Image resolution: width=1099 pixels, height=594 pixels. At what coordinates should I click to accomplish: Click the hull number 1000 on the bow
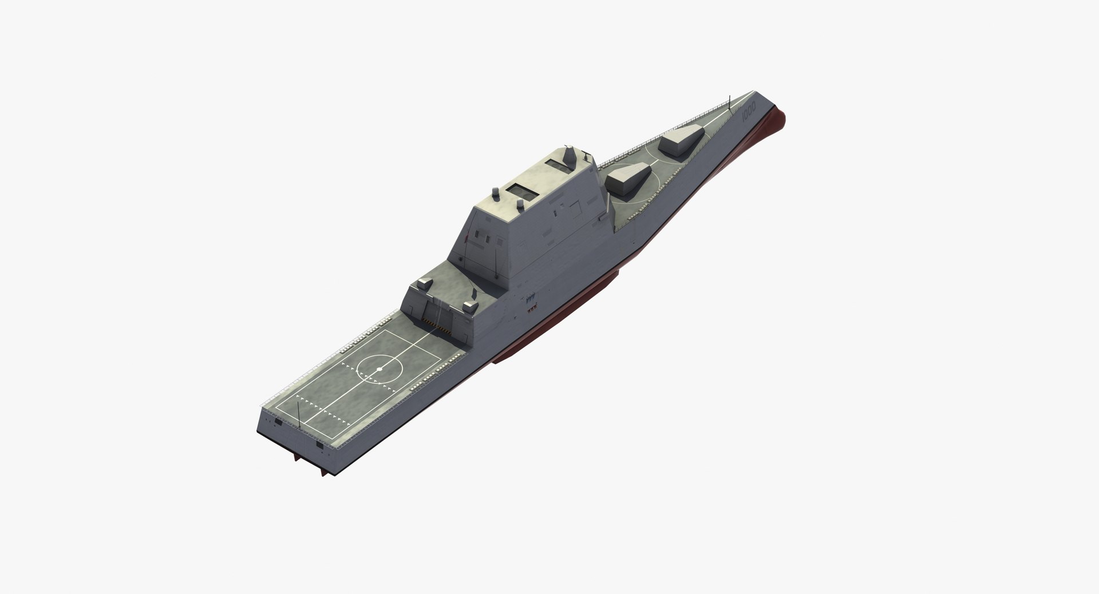[x=749, y=109]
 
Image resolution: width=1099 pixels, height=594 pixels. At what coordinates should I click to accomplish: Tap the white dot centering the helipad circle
[x=379, y=370]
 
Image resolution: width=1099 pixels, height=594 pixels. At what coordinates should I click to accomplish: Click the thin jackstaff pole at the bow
[x=730, y=100]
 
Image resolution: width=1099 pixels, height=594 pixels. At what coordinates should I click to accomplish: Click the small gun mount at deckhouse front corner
[x=587, y=153]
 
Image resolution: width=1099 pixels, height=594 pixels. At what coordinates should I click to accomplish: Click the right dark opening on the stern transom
[x=318, y=444]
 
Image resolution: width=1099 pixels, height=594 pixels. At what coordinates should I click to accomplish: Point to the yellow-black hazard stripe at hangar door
[x=441, y=328]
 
